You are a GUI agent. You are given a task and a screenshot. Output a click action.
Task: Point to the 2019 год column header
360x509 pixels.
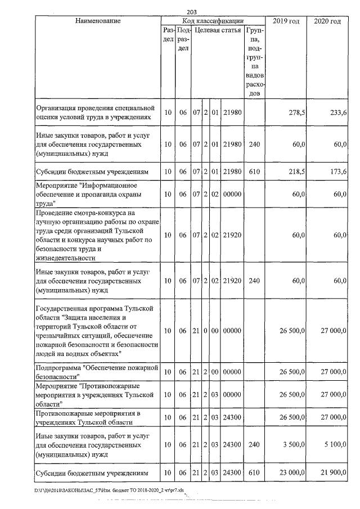(286, 21)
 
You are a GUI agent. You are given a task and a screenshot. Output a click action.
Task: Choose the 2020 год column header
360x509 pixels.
(329, 21)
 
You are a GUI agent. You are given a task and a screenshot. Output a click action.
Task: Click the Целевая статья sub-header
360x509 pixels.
(218, 30)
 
